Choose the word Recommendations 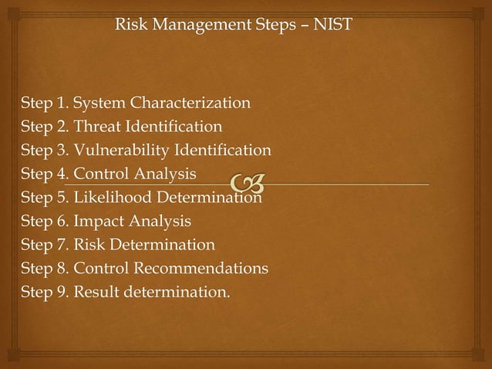point(202,269)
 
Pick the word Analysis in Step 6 point(161,222)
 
